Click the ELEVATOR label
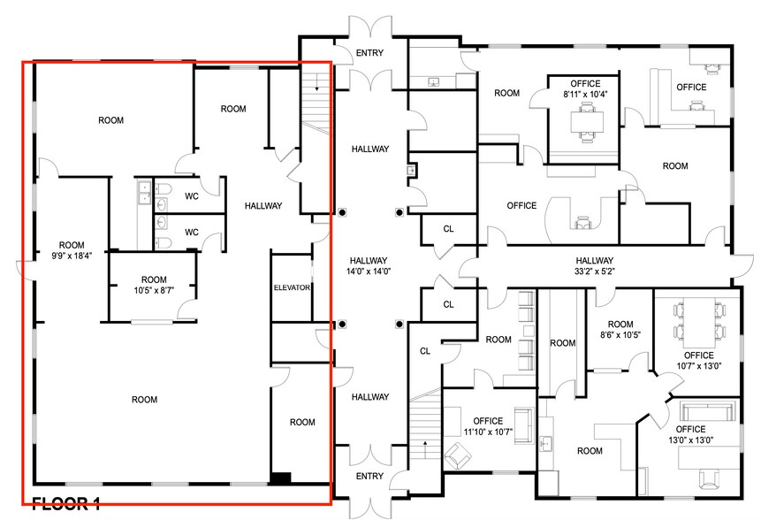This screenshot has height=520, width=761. pyautogui.click(x=291, y=287)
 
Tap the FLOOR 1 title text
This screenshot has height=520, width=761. pyautogui.click(x=66, y=505)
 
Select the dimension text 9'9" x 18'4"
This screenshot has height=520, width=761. pyautogui.click(x=71, y=254)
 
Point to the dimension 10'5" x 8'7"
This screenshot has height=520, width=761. pyautogui.click(x=153, y=289)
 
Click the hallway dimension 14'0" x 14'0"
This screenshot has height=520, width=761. pyautogui.click(x=369, y=271)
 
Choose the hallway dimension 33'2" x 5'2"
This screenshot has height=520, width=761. pyautogui.click(x=594, y=271)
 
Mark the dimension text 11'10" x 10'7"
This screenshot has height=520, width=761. pyautogui.click(x=488, y=432)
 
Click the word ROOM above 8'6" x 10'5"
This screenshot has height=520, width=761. pyautogui.click(x=620, y=325)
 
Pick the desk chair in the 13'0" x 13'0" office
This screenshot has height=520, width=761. pyautogui.click(x=708, y=477)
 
